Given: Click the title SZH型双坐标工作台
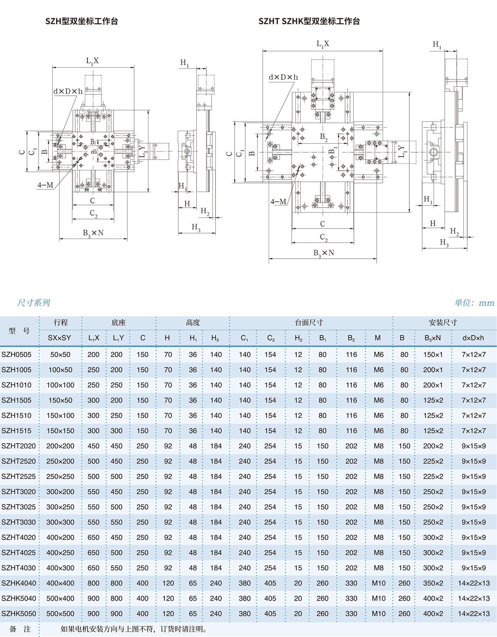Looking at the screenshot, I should pyautogui.click(x=82, y=21).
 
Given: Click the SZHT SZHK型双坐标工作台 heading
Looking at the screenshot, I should pyautogui.click(x=309, y=21).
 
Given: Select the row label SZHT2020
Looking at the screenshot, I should pyautogui.click(x=18, y=446).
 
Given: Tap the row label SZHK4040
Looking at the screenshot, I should pyautogui.click(x=18, y=583).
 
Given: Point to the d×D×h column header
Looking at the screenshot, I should pyautogui.click(x=473, y=338).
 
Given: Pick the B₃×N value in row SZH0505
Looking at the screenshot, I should pyautogui.click(x=433, y=355).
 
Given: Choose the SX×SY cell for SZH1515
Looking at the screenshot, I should pyautogui.click(x=60, y=431).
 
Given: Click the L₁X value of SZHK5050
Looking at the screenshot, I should pyautogui.click(x=93, y=614).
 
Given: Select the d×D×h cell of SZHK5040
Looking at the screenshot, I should pyautogui.click(x=474, y=598).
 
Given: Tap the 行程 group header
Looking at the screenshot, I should pyautogui.click(x=61, y=323).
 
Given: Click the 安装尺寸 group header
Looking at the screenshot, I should pyautogui.click(x=443, y=323).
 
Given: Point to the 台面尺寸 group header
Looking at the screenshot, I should pyautogui.click(x=309, y=323).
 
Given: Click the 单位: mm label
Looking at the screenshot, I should pyautogui.click(x=474, y=303).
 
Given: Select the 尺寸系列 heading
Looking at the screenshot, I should pyautogui.click(x=34, y=303).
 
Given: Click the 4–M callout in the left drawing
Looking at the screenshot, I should pyautogui.click(x=45, y=185).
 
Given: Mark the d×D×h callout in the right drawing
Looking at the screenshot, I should pyautogui.click(x=283, y=77).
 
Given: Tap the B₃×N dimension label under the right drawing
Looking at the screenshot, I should pyautogui.click(x=323, y=253).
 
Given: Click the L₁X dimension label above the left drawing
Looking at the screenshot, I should pyautogui.click(x=92, y=61).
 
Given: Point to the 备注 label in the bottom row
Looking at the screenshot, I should pyautogui.click(x=20, y=629).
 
